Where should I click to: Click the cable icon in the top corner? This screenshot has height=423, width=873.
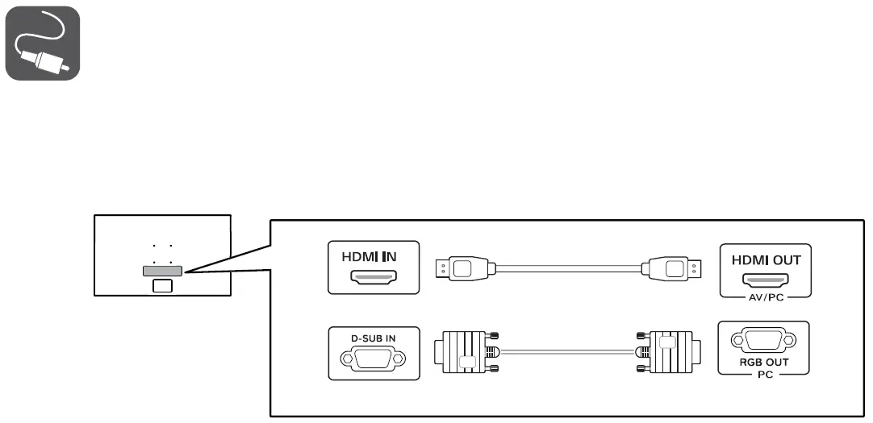tap(43, 44)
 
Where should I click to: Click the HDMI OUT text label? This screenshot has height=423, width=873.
tap(766, 261)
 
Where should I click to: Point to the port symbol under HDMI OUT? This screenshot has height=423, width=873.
tap(766, 281)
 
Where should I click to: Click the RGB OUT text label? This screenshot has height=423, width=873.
tap(763, 362)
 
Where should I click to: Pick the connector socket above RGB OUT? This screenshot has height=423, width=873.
tap(763, 341)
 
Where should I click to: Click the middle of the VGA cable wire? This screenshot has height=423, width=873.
tap(566, 350)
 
